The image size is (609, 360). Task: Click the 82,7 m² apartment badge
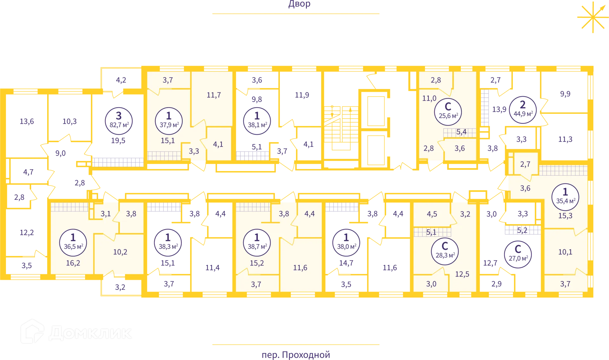119,121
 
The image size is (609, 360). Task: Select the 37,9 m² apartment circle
169,121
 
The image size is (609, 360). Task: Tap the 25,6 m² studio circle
448,112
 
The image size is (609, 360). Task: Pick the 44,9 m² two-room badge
523,109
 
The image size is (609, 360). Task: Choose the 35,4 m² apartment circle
565,197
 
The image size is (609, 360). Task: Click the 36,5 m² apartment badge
73,242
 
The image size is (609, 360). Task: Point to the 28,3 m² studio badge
445,251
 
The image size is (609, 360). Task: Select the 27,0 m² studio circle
518,254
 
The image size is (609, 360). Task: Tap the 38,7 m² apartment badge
257,242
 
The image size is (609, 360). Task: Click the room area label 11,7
214,95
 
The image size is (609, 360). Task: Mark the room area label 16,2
73,263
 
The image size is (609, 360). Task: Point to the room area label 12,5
462,274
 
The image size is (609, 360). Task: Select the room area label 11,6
300,268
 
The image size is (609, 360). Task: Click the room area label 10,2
120,252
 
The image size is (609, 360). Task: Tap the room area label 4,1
218,144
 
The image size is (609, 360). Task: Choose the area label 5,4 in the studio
461,132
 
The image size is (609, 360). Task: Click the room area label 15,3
565,216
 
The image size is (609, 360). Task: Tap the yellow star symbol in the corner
592,18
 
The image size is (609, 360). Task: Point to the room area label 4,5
432,214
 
